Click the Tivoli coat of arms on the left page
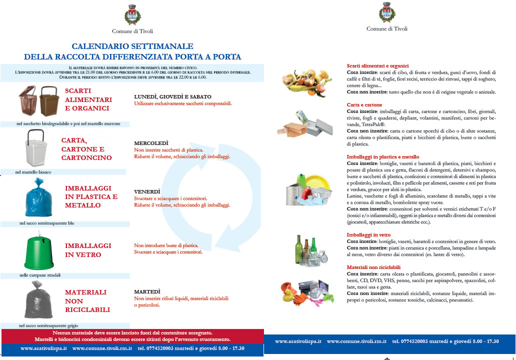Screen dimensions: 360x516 tap(132, 14)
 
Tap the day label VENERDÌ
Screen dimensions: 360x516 tap(147, 191)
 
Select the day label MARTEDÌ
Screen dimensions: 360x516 tap(147, 291)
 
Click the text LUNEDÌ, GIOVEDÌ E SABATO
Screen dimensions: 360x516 tap(172, 96)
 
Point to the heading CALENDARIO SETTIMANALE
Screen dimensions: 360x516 tap(132, 46)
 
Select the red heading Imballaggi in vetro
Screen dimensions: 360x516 tap(369, 234)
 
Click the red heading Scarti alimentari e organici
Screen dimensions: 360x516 tap(377, 66)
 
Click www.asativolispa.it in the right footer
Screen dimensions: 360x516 tap(298, 341)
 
